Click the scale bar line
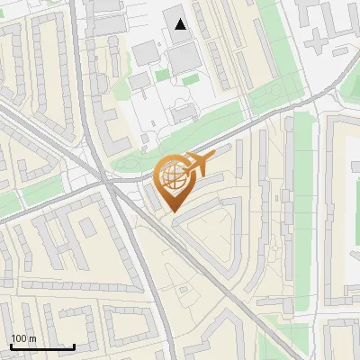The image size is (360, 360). (x=42, y=347)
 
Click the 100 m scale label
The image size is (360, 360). (x=23, y=338)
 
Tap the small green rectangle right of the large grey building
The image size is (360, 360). (x=191, y=79)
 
